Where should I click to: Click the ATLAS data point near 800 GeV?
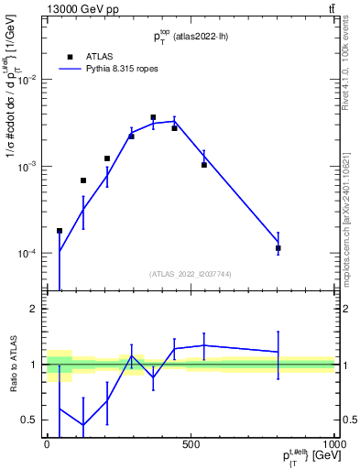[278, 248]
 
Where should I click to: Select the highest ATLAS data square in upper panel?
[153, 117]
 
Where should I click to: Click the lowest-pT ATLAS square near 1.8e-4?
[60, 231]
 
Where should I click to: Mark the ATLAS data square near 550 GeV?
[203, 165]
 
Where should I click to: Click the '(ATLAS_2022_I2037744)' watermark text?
[191, 273]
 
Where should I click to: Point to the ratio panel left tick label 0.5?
[32, 420]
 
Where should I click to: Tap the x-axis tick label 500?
[191, 442]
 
